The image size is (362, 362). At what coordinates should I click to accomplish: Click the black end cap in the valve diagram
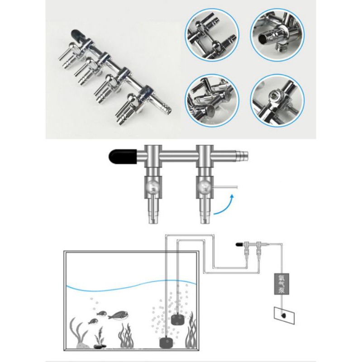(123, 156)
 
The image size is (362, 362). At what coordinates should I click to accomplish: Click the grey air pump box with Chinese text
(281, 284)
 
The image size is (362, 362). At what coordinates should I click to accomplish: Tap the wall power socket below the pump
(284, 315)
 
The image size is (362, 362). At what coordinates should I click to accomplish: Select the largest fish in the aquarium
(118, 315)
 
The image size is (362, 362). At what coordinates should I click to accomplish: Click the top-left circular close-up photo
(212, 35)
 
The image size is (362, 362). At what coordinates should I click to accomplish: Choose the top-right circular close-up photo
(277, 35)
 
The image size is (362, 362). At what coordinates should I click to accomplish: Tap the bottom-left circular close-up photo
(212, 100)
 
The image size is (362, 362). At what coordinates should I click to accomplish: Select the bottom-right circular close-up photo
(277, 100)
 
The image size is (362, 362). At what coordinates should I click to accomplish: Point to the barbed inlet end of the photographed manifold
(165, 106)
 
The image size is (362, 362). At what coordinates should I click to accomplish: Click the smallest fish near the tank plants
(93, 321)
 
